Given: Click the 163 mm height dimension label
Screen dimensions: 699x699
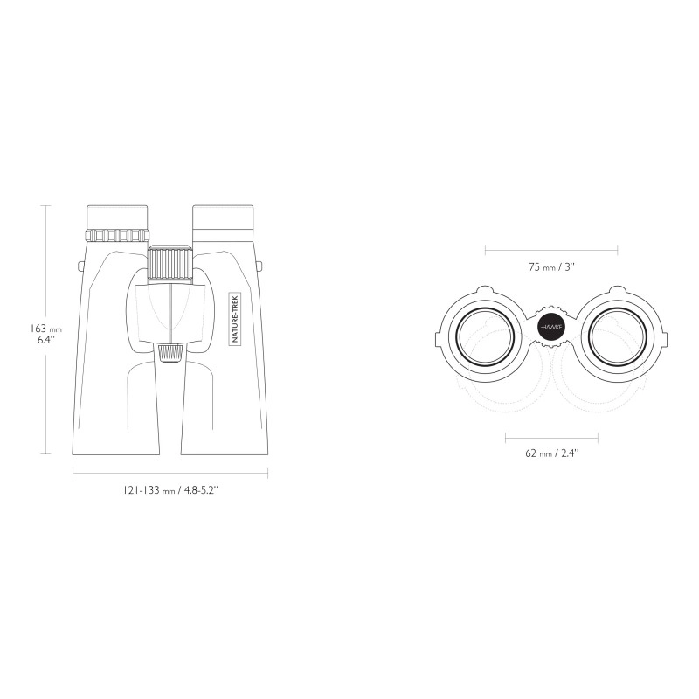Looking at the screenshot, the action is click(x=46, y=334).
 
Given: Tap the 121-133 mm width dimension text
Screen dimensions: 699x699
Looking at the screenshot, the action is click(x=170, y=490).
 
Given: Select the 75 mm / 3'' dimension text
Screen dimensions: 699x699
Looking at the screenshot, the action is click(x=551, y=267).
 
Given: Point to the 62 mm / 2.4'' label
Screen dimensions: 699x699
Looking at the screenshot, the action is click(x=552, y=453).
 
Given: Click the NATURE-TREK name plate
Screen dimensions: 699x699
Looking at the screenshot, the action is click(x=235, y=318).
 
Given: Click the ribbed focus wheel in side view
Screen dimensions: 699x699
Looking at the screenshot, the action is click(x=170, y=264).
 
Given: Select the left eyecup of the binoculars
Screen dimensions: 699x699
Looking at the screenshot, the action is click(x=117, y=217).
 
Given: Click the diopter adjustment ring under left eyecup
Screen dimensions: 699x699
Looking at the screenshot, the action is click(x=117, y=235).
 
